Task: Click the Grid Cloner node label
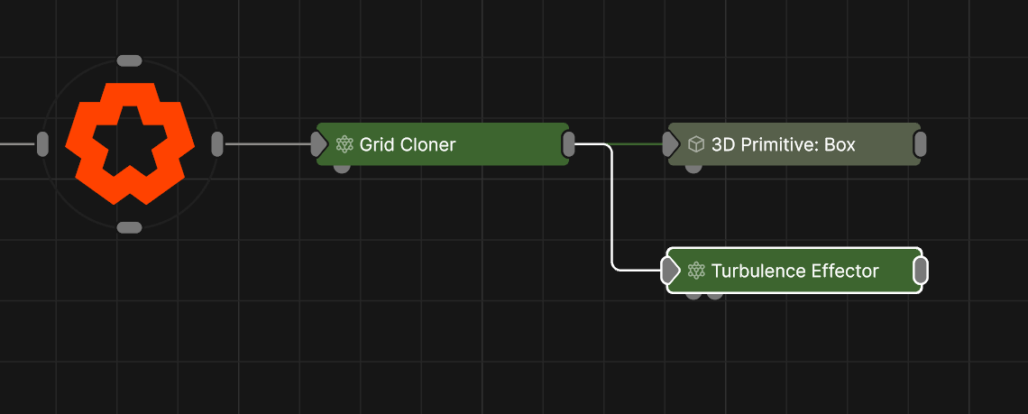(408, 144)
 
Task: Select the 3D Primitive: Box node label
(783, 144)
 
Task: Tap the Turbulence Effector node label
(794, 271)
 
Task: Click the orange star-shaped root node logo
(130, 143)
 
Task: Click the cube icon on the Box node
(695, 144)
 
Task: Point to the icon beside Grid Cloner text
(344, 144)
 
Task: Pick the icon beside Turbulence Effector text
(695, 271)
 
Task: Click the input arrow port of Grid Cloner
(318, 144)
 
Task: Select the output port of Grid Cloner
(569, 143)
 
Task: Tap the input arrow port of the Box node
(669, 144)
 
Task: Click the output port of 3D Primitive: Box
(920, 144)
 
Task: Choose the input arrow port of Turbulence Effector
(669, 271)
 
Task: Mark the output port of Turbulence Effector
(921, 271)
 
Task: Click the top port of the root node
(130, 60)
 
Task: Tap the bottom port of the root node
(130, 227)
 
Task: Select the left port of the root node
(42, 143)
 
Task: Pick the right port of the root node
(217, 143)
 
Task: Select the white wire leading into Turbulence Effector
(613, 216)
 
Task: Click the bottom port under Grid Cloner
(343, 169)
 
